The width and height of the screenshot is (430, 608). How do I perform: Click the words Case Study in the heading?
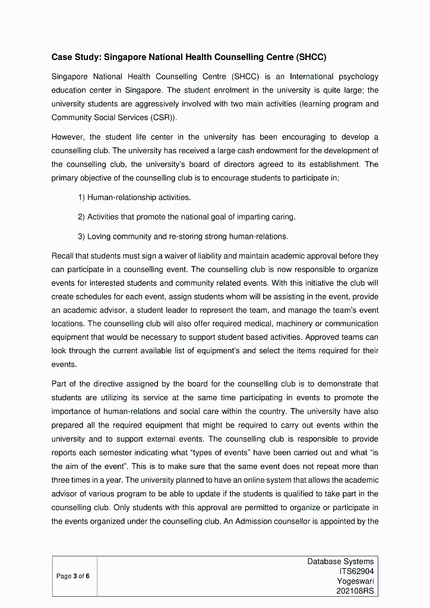tap(75, 58)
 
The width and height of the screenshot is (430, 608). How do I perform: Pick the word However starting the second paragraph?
tap(68, 137)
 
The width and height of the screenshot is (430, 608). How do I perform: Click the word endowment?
tap(286, 151)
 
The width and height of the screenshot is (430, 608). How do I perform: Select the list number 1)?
tap(82, 197)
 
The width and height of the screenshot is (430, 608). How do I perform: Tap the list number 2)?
tap(82, 217)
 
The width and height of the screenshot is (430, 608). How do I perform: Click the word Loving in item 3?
tap(99, 236)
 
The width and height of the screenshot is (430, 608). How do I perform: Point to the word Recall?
tap(62, 256)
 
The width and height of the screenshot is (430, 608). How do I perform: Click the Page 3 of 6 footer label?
tap(73, 576)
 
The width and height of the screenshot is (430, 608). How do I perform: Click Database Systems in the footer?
tap(340, 561)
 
